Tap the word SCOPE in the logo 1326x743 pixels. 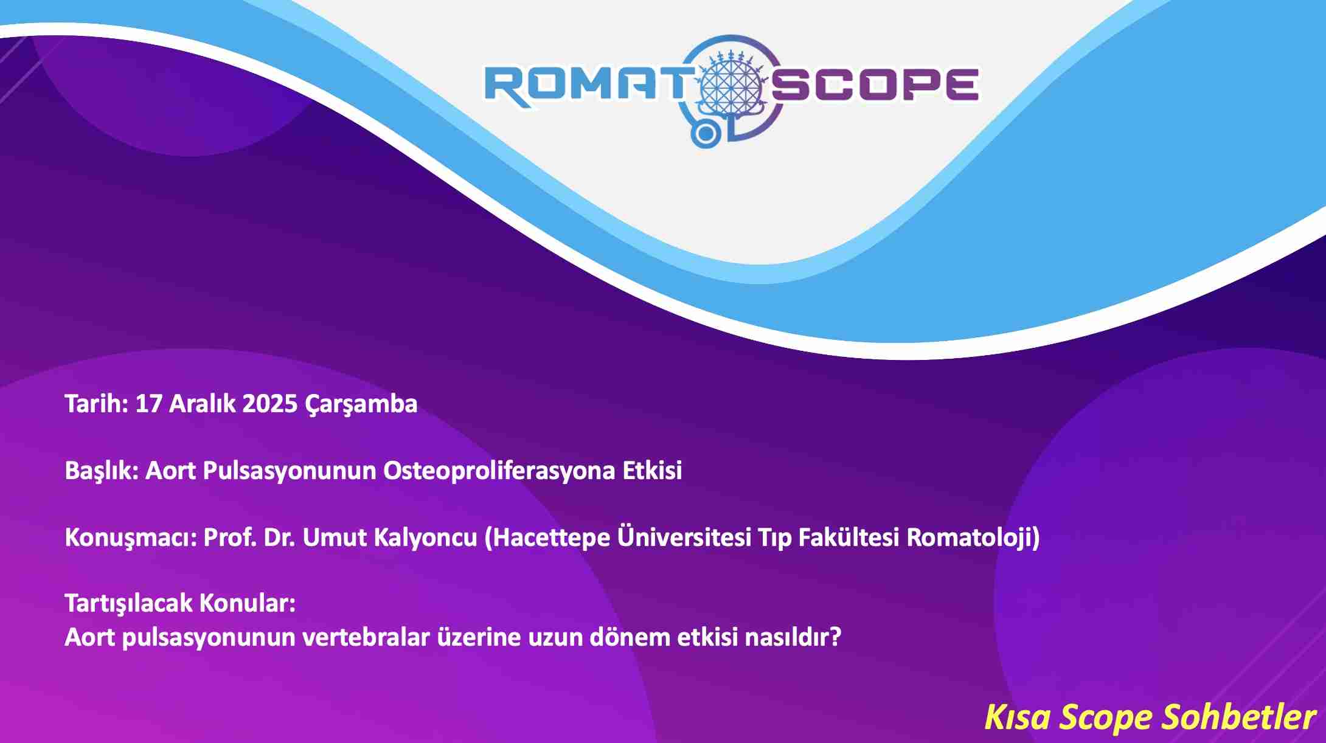(875, 85)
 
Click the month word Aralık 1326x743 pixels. (203, 404)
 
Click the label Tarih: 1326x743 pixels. (97, 404)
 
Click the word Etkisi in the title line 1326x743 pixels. (652, 471)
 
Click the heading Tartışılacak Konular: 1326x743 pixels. (180, 604)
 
